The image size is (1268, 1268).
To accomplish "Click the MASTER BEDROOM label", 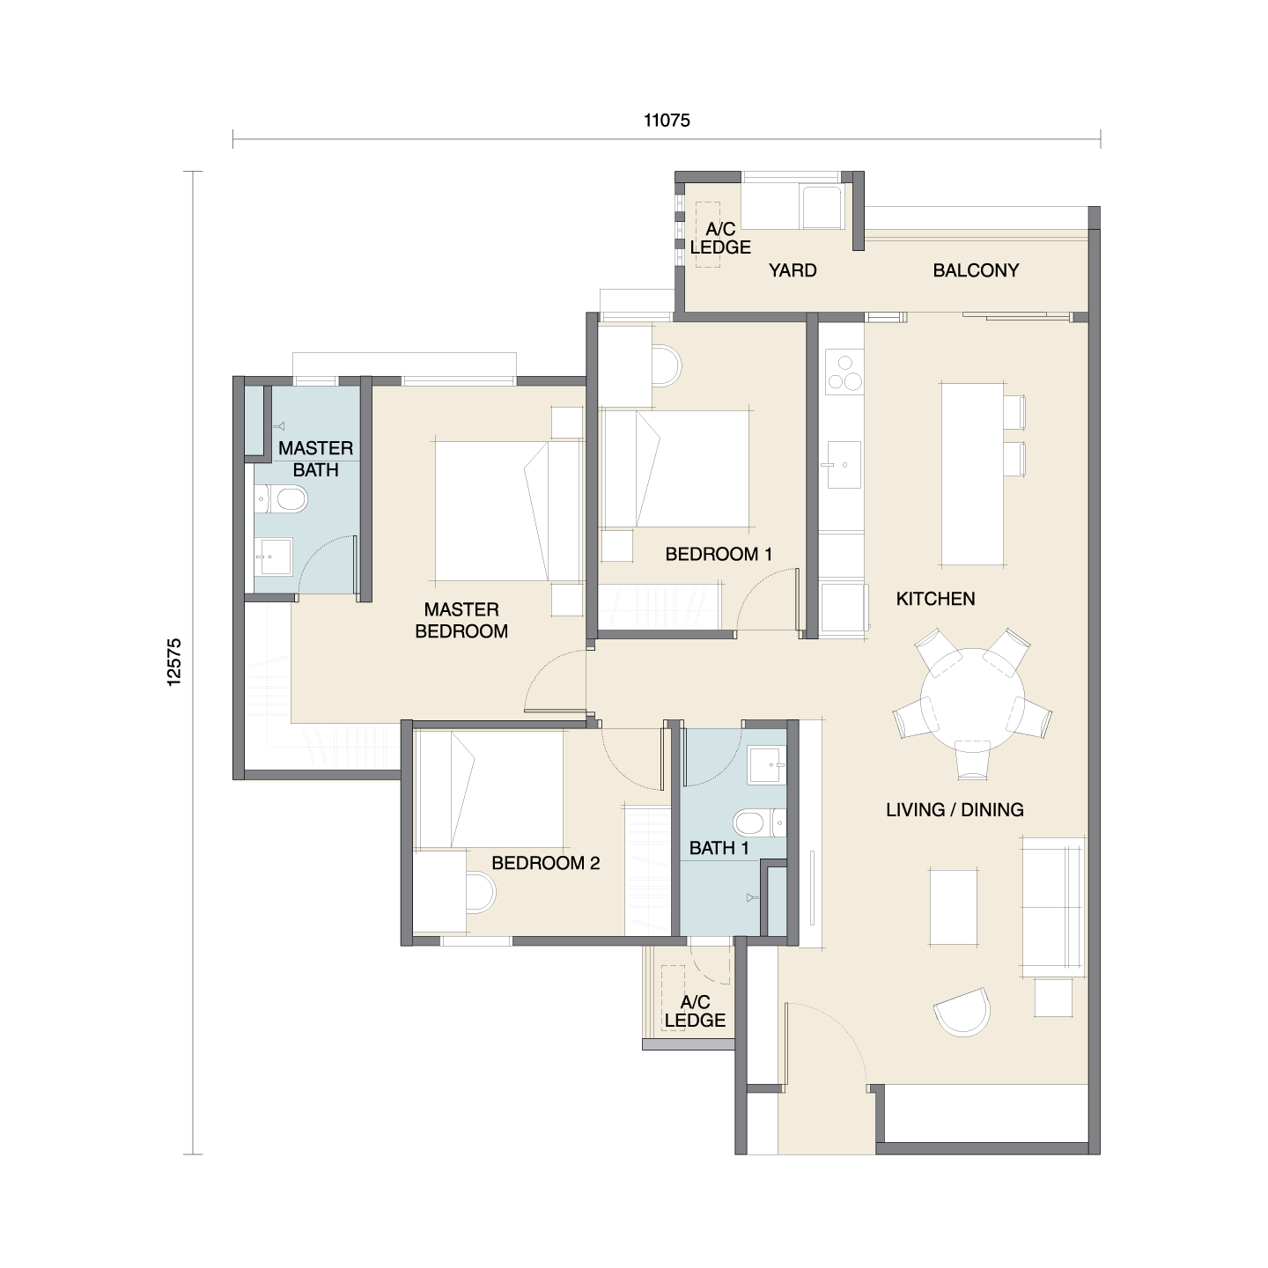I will tap(461, 620).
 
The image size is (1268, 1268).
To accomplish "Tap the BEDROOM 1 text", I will tap(719, 554).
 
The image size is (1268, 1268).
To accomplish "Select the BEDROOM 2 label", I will tap(545, 863).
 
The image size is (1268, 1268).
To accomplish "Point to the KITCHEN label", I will tap(935, 599).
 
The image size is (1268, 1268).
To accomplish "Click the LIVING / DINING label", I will tap(955, 809).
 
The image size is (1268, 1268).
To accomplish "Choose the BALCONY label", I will tap(976, 270).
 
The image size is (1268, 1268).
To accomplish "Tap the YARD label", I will tap(792, 270).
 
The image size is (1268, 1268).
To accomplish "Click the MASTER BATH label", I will tap(315, 459).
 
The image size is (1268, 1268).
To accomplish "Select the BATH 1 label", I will tap(719, 848).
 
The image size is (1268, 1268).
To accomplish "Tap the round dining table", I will tap(972, 695).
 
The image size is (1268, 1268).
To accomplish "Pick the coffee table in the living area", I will tap(955, 907).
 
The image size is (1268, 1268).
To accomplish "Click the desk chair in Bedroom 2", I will tap(480, 893).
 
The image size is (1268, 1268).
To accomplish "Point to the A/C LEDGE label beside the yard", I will tap(720, 239).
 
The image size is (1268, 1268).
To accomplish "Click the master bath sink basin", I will tap(273, 556).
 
